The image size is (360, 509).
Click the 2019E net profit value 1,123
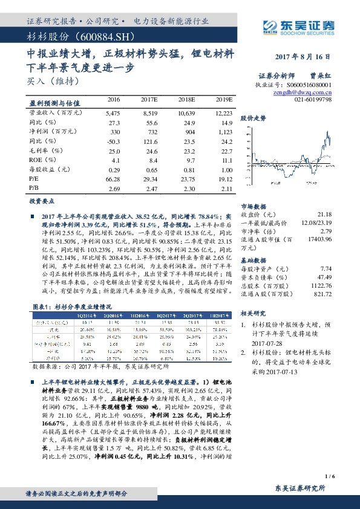pyautogui.click(x=224, y=132)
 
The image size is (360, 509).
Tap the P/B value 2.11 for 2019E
pyautogui.click(x=226, y=189)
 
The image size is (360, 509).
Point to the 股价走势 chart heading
pyautogui.click(x=253, y=118)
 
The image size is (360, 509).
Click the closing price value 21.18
pyautogui.click(x=324, y=215)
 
